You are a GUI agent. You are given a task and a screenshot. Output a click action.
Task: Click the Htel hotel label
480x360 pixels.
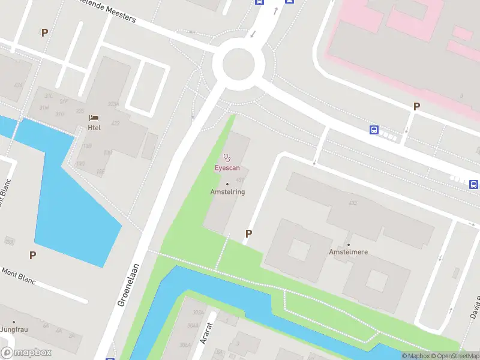click(x=94, y=127)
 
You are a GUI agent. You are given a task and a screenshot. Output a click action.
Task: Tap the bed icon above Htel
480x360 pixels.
click(x=94, y=118)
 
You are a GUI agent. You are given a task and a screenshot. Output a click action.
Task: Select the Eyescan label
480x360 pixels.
click(x=227, y=168)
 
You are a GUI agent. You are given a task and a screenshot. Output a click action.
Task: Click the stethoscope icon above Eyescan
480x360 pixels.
click(x=227, y=158)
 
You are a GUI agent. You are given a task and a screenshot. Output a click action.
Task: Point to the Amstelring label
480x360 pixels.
click(x=227, y=192)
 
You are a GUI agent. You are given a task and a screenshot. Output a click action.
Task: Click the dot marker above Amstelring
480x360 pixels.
click(x=227, y=184)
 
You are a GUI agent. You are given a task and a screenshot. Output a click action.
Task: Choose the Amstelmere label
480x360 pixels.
click(x=348, y=252)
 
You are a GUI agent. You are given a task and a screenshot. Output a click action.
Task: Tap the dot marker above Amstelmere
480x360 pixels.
click(x=348, y=244)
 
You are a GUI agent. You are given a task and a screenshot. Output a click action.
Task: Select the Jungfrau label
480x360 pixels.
click(x=14, y=329)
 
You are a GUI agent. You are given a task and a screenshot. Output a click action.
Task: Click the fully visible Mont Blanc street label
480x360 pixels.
click(x=18, y=277)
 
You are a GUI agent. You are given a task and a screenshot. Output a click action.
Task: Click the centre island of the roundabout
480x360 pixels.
click(x=243, y=63)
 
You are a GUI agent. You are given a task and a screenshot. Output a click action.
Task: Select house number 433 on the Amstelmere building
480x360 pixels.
click(x=352, y=203)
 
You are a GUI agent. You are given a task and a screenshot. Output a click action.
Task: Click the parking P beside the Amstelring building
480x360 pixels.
click(x=248, y=233)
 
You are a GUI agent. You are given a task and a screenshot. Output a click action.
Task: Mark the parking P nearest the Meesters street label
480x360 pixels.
click(x=44, y=32)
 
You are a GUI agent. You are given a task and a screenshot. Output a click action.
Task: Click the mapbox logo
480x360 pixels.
click(x=26, y=353)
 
